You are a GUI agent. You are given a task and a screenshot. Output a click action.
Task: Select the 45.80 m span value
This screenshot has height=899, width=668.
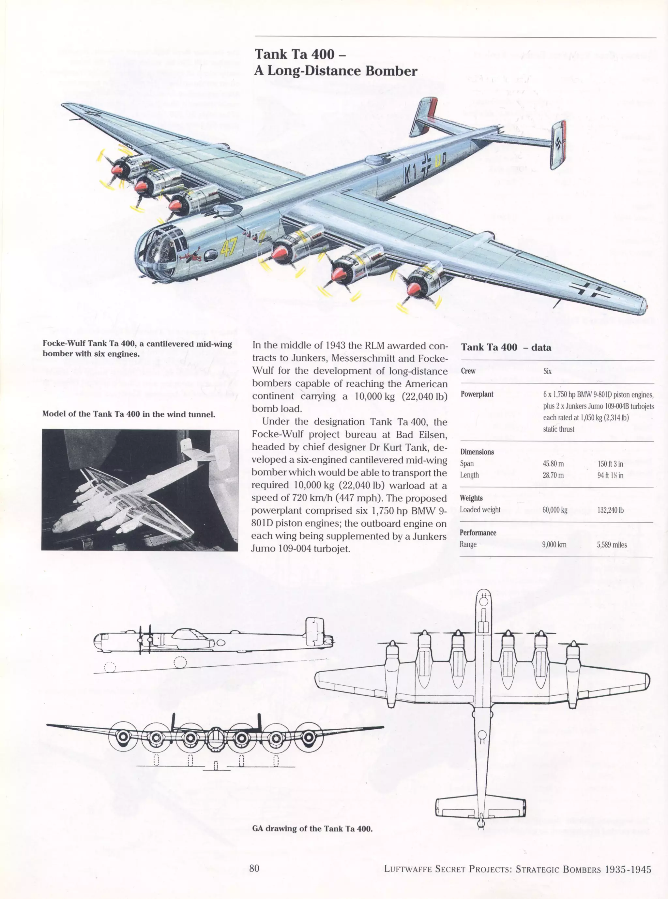coord(553,464)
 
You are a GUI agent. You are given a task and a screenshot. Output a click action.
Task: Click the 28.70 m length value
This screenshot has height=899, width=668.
coord(552,475)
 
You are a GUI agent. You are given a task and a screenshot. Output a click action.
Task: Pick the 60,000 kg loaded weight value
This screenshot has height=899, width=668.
coord(555,510)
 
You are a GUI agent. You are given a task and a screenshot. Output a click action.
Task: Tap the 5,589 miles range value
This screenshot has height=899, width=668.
coord(612,545)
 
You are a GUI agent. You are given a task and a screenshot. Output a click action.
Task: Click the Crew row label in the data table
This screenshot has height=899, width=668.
coord(468,371)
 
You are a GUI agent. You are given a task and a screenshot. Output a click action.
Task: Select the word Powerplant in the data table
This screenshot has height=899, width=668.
coord(477,394)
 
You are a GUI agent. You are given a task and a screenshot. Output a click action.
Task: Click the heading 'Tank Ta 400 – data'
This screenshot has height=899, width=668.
coord(506,347)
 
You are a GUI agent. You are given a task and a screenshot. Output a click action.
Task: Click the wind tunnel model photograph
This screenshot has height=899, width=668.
coord(140,489)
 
